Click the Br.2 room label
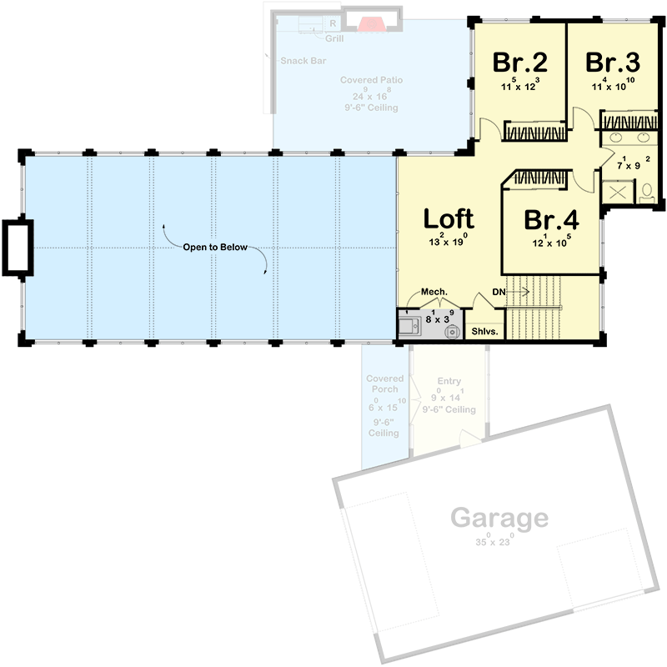click(519, 63)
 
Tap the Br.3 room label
click(612, 63)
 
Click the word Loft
click(449, 218)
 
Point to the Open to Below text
click(216, 248)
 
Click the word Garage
click(499, 519)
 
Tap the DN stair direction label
click(499, 291)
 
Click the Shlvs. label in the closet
click(484, 331)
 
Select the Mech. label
click(434, 292)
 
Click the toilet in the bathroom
click(648, 195)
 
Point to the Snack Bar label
click(303, 60)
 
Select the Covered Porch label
click(384, 384)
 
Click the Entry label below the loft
click(449, 381)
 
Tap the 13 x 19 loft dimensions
click(449, 242)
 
